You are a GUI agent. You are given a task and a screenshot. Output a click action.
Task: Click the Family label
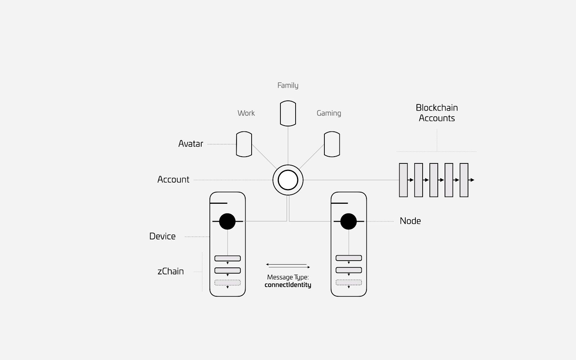tap(288, 85)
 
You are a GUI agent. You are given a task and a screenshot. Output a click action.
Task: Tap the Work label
tap(246, 113)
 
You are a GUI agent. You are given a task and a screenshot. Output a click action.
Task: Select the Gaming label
tap(329, 113)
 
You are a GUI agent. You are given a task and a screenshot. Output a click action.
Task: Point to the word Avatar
tap(190, 144)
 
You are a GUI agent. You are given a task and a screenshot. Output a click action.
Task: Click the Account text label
tap(173, 180)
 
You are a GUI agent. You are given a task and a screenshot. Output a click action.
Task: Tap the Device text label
tap(162, 236)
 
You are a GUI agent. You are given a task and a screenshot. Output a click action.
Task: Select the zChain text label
tap(171, 271)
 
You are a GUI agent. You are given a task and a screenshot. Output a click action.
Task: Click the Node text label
tap(410, 221)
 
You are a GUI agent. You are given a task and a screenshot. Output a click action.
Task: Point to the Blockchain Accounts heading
tap(437, 113)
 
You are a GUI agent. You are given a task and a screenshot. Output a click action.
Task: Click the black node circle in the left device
tap(227, 221)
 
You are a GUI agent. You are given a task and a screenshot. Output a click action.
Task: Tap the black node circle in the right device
tap(348, 221)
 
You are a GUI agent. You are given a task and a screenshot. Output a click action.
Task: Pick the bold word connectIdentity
tap(288, 285)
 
